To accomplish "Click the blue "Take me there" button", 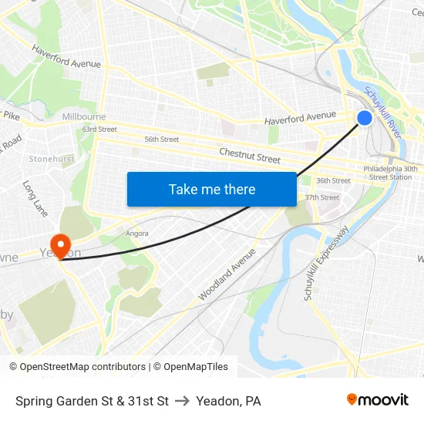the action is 212,189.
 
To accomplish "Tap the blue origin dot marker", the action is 365,118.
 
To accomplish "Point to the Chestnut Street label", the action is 250,156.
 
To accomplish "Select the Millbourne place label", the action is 84,116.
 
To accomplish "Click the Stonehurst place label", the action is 52,159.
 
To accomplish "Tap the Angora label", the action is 136,233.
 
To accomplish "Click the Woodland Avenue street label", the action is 227,274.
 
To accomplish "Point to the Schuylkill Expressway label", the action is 327,263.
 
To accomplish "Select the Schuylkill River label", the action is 382,108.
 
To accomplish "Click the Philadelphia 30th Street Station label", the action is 392,173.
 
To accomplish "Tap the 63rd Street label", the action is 99,130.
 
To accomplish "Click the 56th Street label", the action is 162,140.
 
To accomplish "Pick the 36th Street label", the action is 333,181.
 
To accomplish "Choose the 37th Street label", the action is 321,198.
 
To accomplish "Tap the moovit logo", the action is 377,400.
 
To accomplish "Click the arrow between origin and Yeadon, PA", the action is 183,401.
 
